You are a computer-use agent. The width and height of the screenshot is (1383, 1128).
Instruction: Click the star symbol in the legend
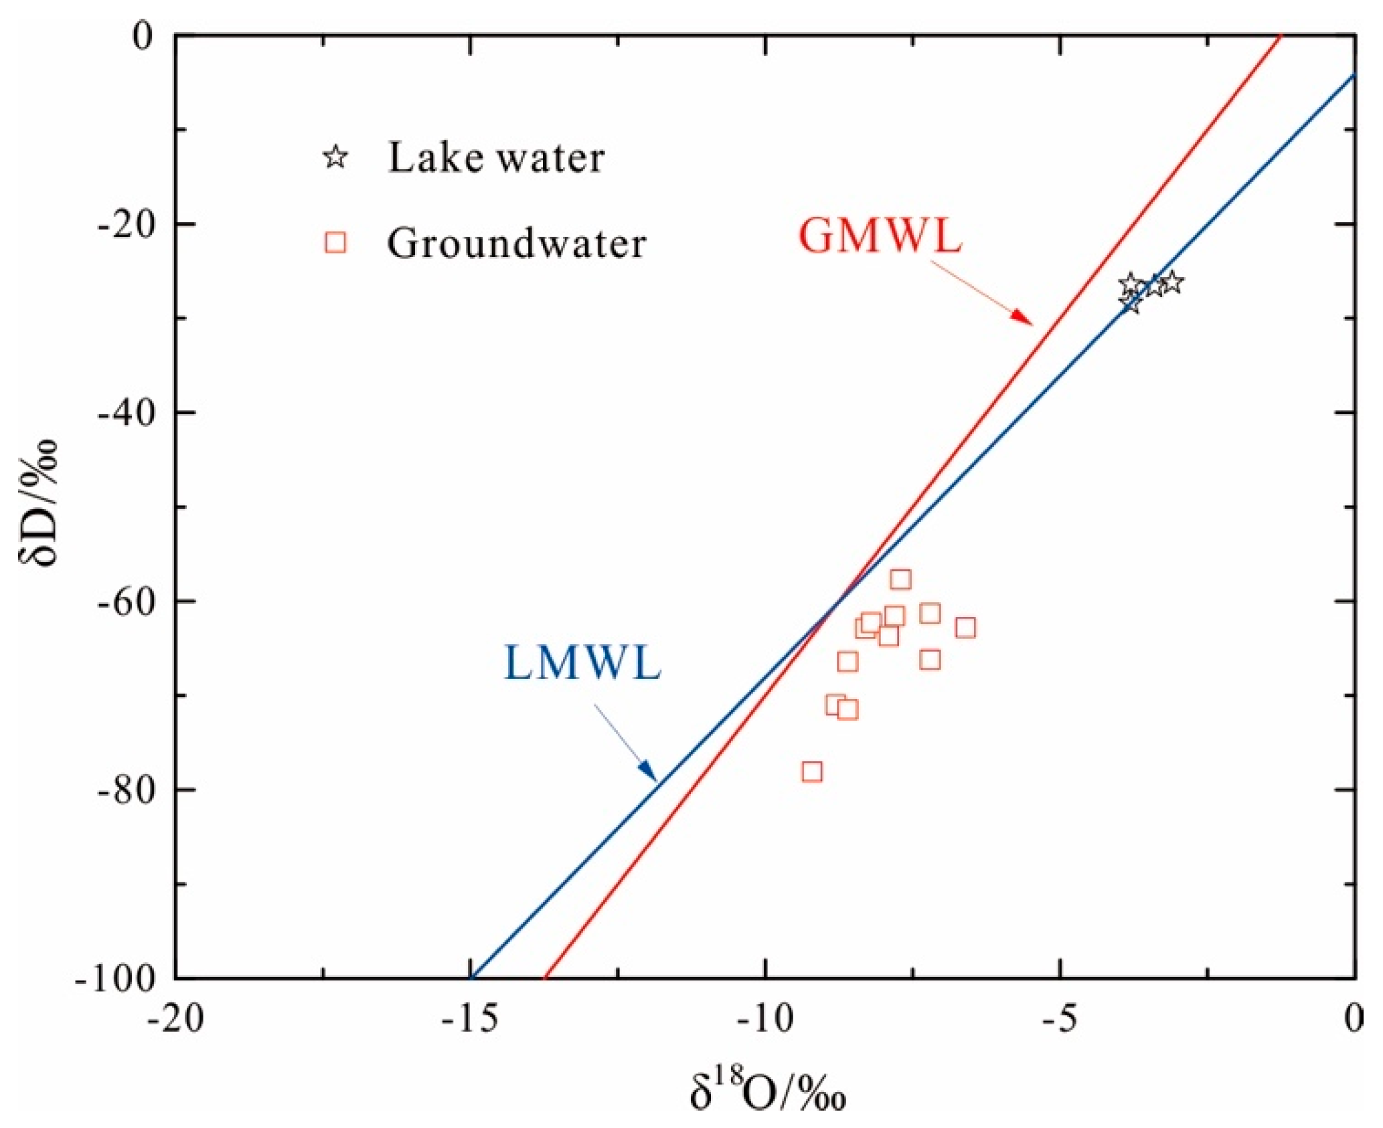click(335, 157)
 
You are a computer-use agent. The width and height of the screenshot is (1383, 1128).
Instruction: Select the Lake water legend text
click(496, 158)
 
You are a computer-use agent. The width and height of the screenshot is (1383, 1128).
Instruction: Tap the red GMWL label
click(880, 236)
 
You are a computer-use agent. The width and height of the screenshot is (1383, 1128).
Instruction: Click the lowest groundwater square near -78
click(811, 771)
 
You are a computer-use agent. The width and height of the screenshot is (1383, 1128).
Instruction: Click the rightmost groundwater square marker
click(965, 628)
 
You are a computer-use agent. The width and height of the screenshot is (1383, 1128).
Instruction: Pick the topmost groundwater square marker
click(900, 579)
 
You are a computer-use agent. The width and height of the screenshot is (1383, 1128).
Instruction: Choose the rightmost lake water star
click(1171, 283)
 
